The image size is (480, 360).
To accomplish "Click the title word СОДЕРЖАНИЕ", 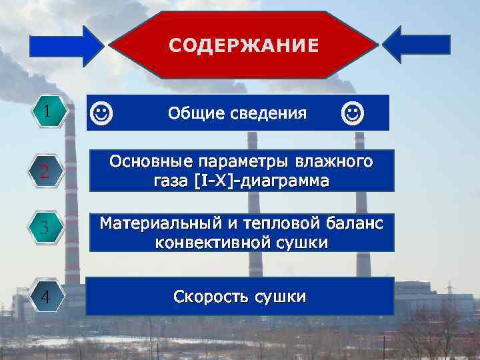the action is tap(243, 45).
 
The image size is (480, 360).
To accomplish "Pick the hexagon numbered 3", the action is tap(44, 229).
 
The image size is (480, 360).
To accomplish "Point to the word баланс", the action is tap(355, 223).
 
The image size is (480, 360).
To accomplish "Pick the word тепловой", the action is tap(289, 223).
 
